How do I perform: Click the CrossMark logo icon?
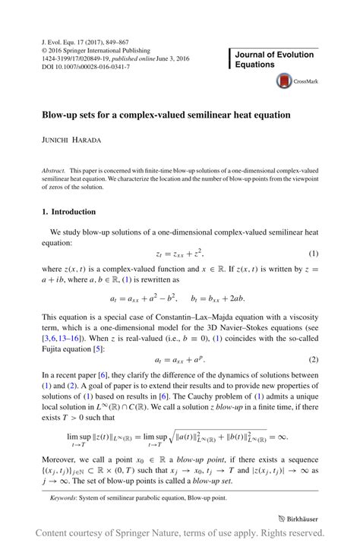(285, 80)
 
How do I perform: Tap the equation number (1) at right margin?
(313, 252)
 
